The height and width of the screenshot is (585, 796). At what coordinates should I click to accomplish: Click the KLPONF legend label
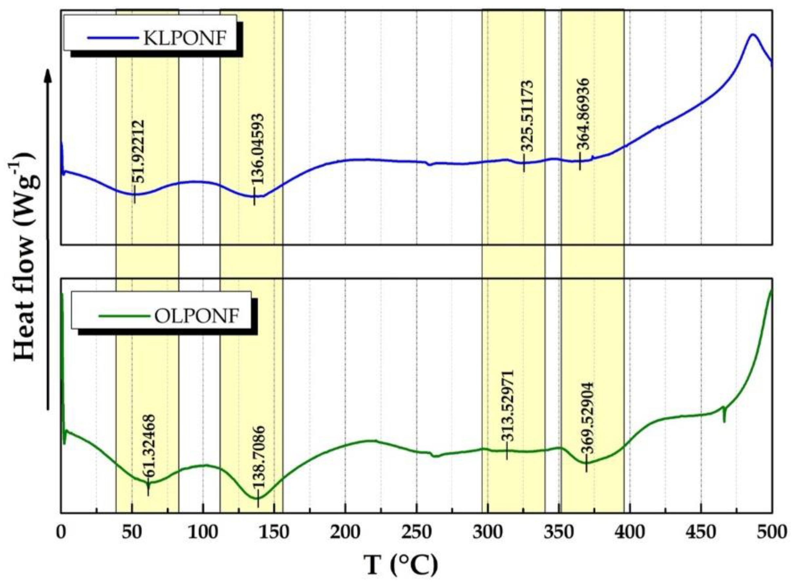pyautogui.click(x=184, y=38)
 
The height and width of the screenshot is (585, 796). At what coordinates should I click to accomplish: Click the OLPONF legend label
pyautogui.click(x=197, y=315)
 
